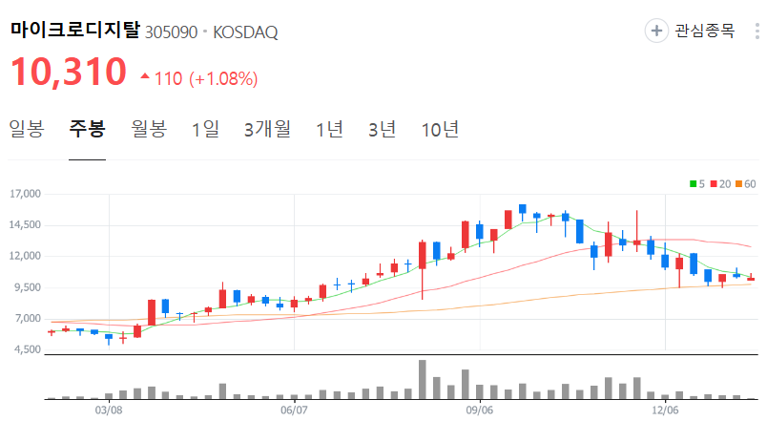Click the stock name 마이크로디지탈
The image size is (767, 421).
click(x=75, y=31)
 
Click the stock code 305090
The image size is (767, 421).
click(x=171, y=32)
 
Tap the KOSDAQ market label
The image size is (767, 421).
click(x=245, y=32)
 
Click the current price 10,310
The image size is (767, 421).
click(x=69, y=73)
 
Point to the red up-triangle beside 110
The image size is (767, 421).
click(x=144, y=76)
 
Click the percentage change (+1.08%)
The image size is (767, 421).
click(x=223, y=78)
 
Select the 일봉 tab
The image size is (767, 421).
click(x=27, y=129)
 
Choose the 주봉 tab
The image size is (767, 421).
click(x=87, y=129)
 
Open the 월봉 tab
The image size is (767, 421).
click(x=149, y=129)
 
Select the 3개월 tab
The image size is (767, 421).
click(x=267, y=129)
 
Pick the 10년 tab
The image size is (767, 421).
click(x=440, y=129)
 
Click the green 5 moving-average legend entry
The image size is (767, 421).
click(x=695, y=183)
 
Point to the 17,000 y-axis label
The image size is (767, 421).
click(x=26, y=194)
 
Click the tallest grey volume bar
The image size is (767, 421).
click(x=422, y=379)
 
